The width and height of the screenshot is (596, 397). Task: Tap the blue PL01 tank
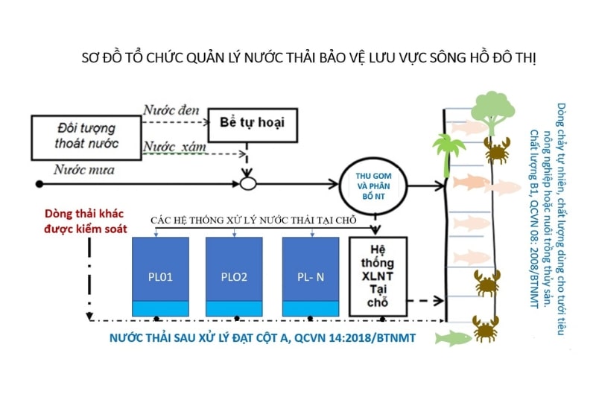(x=161, y=276)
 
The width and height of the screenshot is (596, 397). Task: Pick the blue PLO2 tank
(x=234, y=276)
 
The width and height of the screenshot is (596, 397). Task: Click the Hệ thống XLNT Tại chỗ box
(x=378, y=275)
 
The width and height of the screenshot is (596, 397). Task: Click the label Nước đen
(x=172, y=110)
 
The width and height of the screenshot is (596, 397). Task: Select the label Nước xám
(x=174, y=146)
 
